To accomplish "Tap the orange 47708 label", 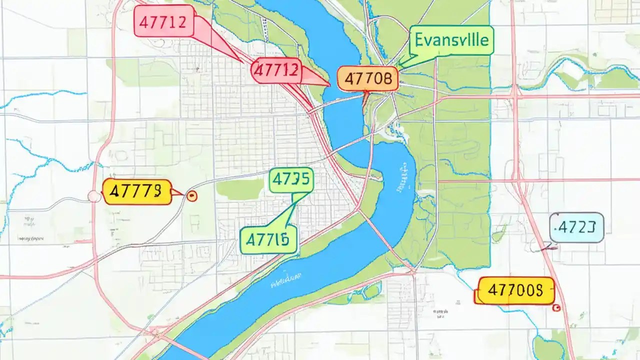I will pos(367,79).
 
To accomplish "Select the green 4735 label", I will pos(291,180).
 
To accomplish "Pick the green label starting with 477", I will pos(268,238).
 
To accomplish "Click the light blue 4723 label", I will pos(576,228).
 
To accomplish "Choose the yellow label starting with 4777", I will pos(136,191).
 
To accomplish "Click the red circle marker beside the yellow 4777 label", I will pos(190,196).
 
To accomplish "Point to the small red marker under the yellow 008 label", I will pos(554,308).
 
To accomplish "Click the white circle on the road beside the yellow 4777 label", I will pos(94,196).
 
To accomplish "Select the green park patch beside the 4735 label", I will pos(240,189).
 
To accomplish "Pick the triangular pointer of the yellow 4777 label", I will pos(177,192).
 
